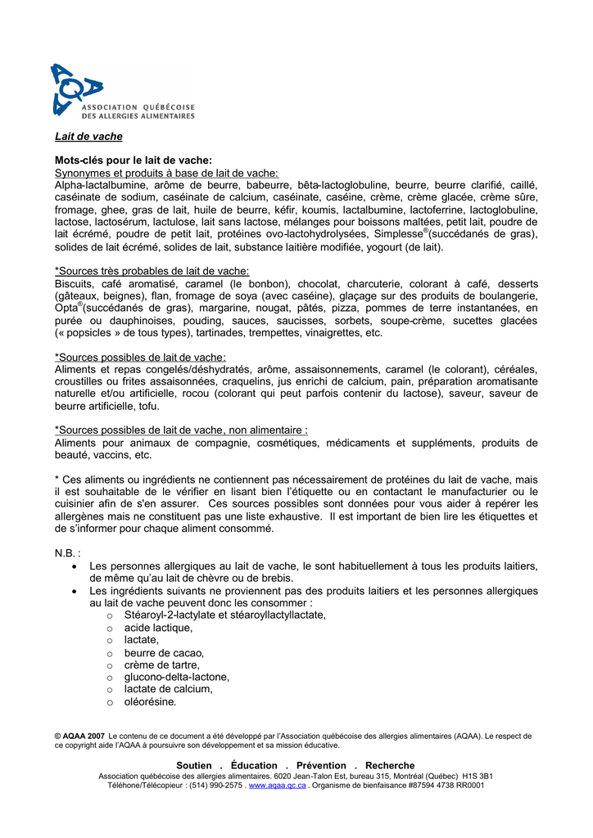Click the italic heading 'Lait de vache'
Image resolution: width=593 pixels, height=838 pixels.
tap(88, 137)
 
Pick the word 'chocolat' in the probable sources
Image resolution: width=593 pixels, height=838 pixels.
tap(317, 283)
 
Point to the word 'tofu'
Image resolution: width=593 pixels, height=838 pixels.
tap(148, 406)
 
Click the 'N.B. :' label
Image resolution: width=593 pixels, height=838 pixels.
tap(67, 553)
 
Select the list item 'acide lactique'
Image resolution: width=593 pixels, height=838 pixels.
tap(159, 628)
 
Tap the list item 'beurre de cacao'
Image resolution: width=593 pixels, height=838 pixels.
tap(164, 652)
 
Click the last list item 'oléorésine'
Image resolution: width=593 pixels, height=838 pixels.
tap(150, 701)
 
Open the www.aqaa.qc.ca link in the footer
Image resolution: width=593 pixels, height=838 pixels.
tap(277, 785)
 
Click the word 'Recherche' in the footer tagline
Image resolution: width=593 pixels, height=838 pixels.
tap(390, 765)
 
